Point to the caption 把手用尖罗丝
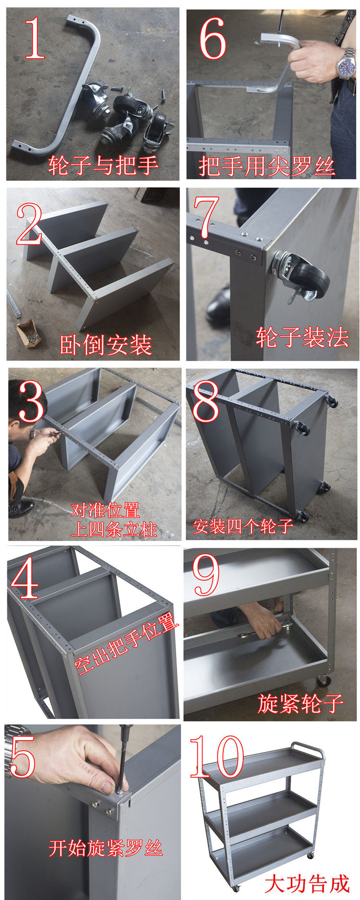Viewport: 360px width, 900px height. click(267, 166)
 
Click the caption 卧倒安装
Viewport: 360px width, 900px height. click(106, 344)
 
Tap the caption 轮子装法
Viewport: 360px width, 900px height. click(302, 337)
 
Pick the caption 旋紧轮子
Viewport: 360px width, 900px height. click(300, 704)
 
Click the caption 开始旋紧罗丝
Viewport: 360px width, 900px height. click(106, 848)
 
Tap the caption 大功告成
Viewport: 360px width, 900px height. click(307, 883)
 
